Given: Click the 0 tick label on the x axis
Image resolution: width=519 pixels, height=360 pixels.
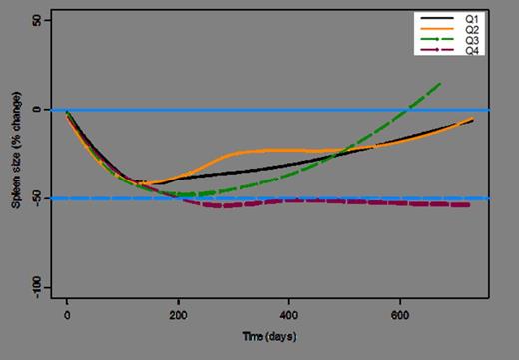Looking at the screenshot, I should coord(67,315).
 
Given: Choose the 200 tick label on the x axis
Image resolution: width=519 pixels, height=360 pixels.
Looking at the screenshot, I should coord(178,315).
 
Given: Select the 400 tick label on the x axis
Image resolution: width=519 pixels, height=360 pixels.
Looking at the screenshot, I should coord(289,315).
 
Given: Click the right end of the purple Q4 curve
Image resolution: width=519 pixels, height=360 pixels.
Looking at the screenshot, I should coord(469,204).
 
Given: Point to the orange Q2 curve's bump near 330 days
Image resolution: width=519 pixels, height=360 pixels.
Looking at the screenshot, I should coord(252,152).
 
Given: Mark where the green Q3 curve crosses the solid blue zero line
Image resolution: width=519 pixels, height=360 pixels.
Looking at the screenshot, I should coord(402,110).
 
